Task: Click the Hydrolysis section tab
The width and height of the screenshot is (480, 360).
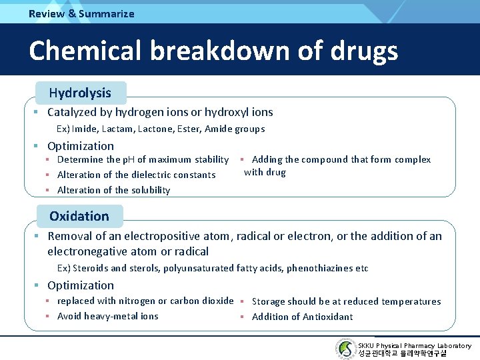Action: [x=80, y=93]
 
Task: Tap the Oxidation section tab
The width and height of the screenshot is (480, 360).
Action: [x=79, y=216]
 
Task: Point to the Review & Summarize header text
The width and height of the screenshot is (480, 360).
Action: [x=81, y=13]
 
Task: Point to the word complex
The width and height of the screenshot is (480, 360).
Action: [x=413, y=159]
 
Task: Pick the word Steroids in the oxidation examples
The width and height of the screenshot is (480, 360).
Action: [x=91, y=268]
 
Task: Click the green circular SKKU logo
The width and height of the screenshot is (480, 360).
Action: [x=345, y=349]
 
